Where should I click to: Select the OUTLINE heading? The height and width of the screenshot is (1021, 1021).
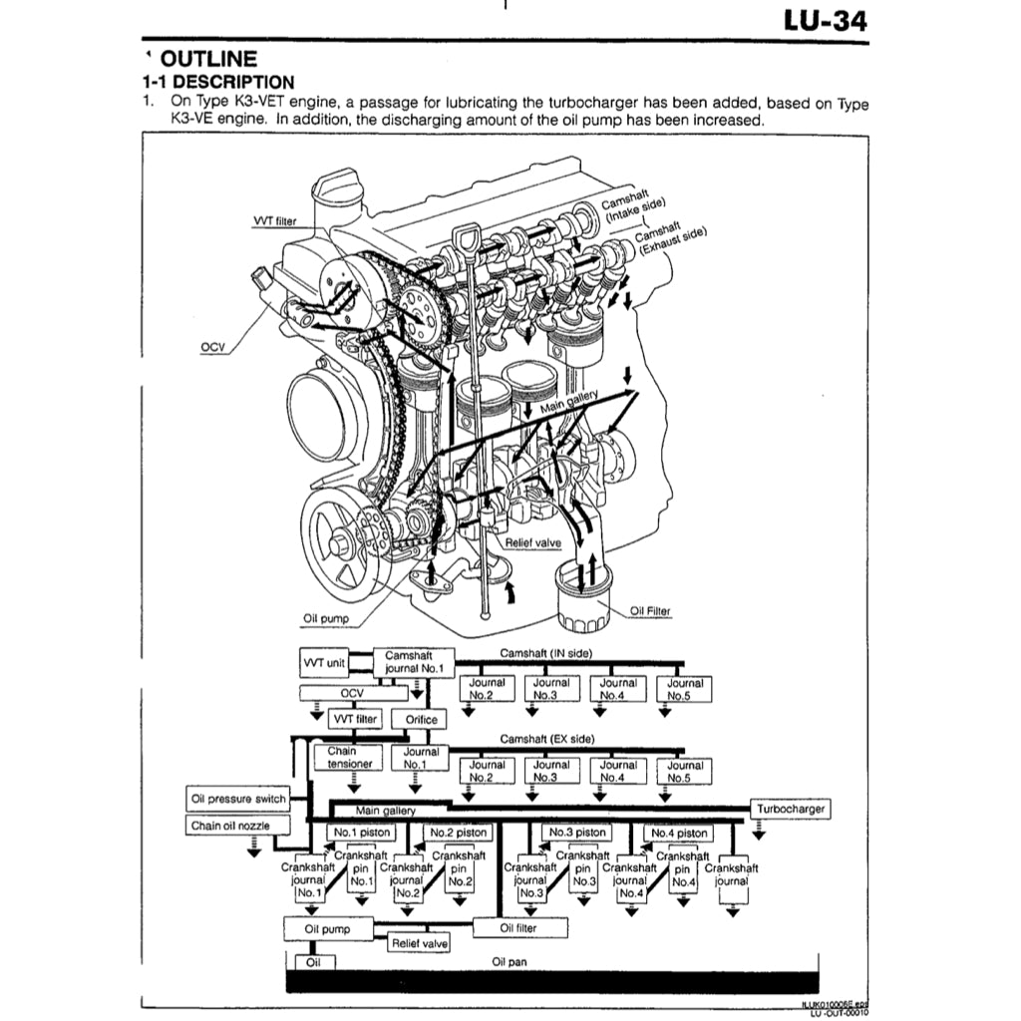207,59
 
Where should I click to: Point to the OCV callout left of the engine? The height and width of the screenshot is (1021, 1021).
212,347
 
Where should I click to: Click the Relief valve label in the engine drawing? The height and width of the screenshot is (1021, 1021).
532,543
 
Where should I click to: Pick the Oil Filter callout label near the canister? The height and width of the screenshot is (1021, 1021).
650,611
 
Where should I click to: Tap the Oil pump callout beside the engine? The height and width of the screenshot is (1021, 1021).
326,618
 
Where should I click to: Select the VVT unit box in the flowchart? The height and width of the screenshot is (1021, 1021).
322,662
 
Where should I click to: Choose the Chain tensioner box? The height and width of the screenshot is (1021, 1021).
349,758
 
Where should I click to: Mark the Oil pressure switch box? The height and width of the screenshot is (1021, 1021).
238,799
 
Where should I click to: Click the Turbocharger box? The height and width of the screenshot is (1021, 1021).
791,809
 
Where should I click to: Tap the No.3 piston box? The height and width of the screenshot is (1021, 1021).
577,833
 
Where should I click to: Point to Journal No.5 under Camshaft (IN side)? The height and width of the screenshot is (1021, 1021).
685,689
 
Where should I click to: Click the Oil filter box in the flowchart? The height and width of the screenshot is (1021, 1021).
518,928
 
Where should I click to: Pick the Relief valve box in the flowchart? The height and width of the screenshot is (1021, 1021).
419,942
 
